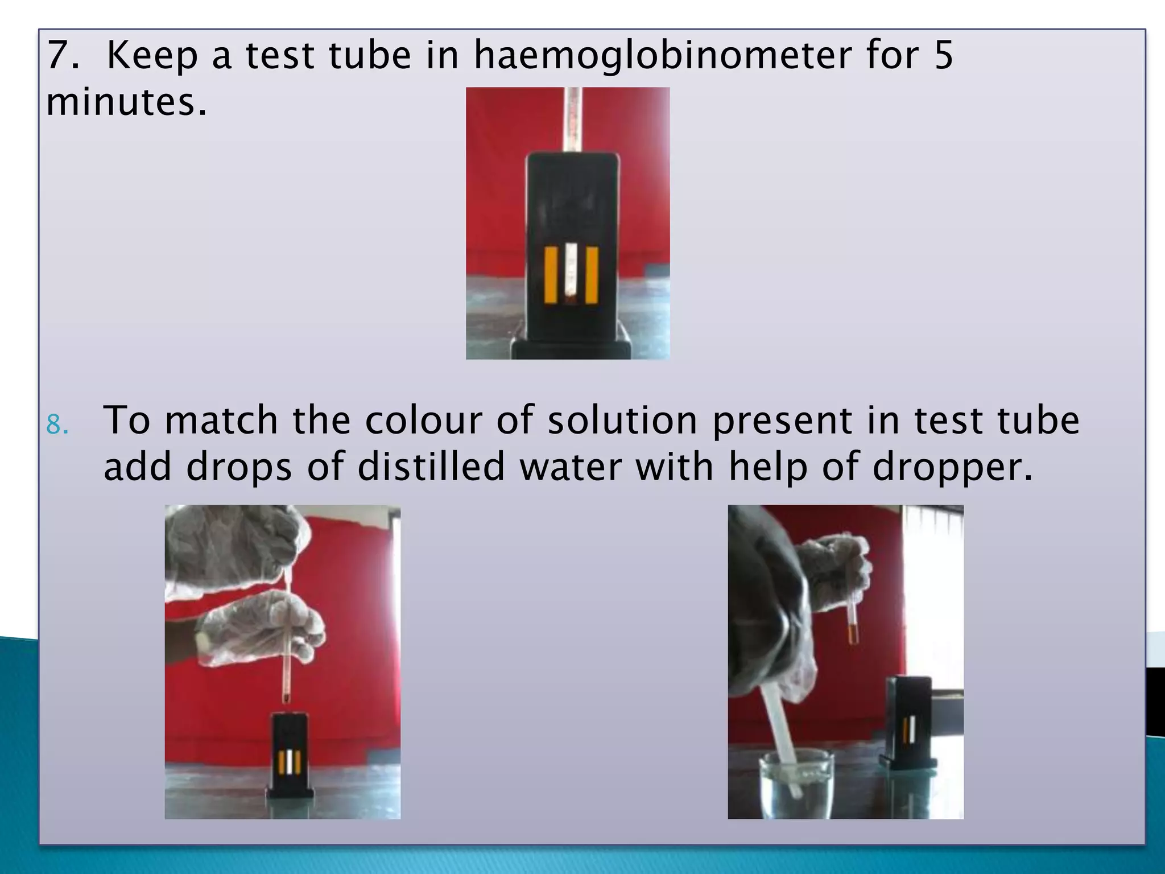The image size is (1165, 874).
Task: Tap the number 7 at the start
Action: coord(57,56)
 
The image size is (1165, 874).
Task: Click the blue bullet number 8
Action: coord(57,424)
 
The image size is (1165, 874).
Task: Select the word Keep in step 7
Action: coord(154,56)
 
